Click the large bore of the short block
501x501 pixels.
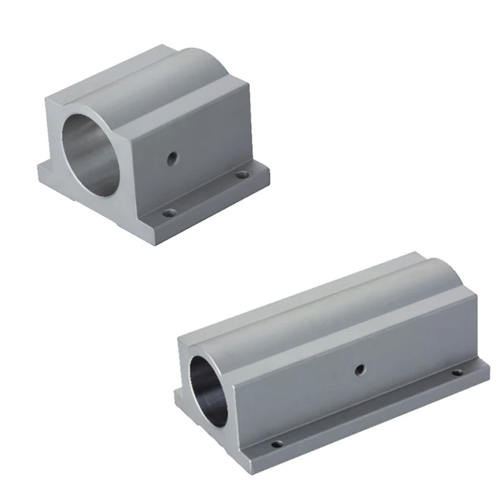[x=89, y=154]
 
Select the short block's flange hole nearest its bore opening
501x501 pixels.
[x=170, y=212]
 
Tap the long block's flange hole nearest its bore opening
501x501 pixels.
[x=276, y=444]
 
